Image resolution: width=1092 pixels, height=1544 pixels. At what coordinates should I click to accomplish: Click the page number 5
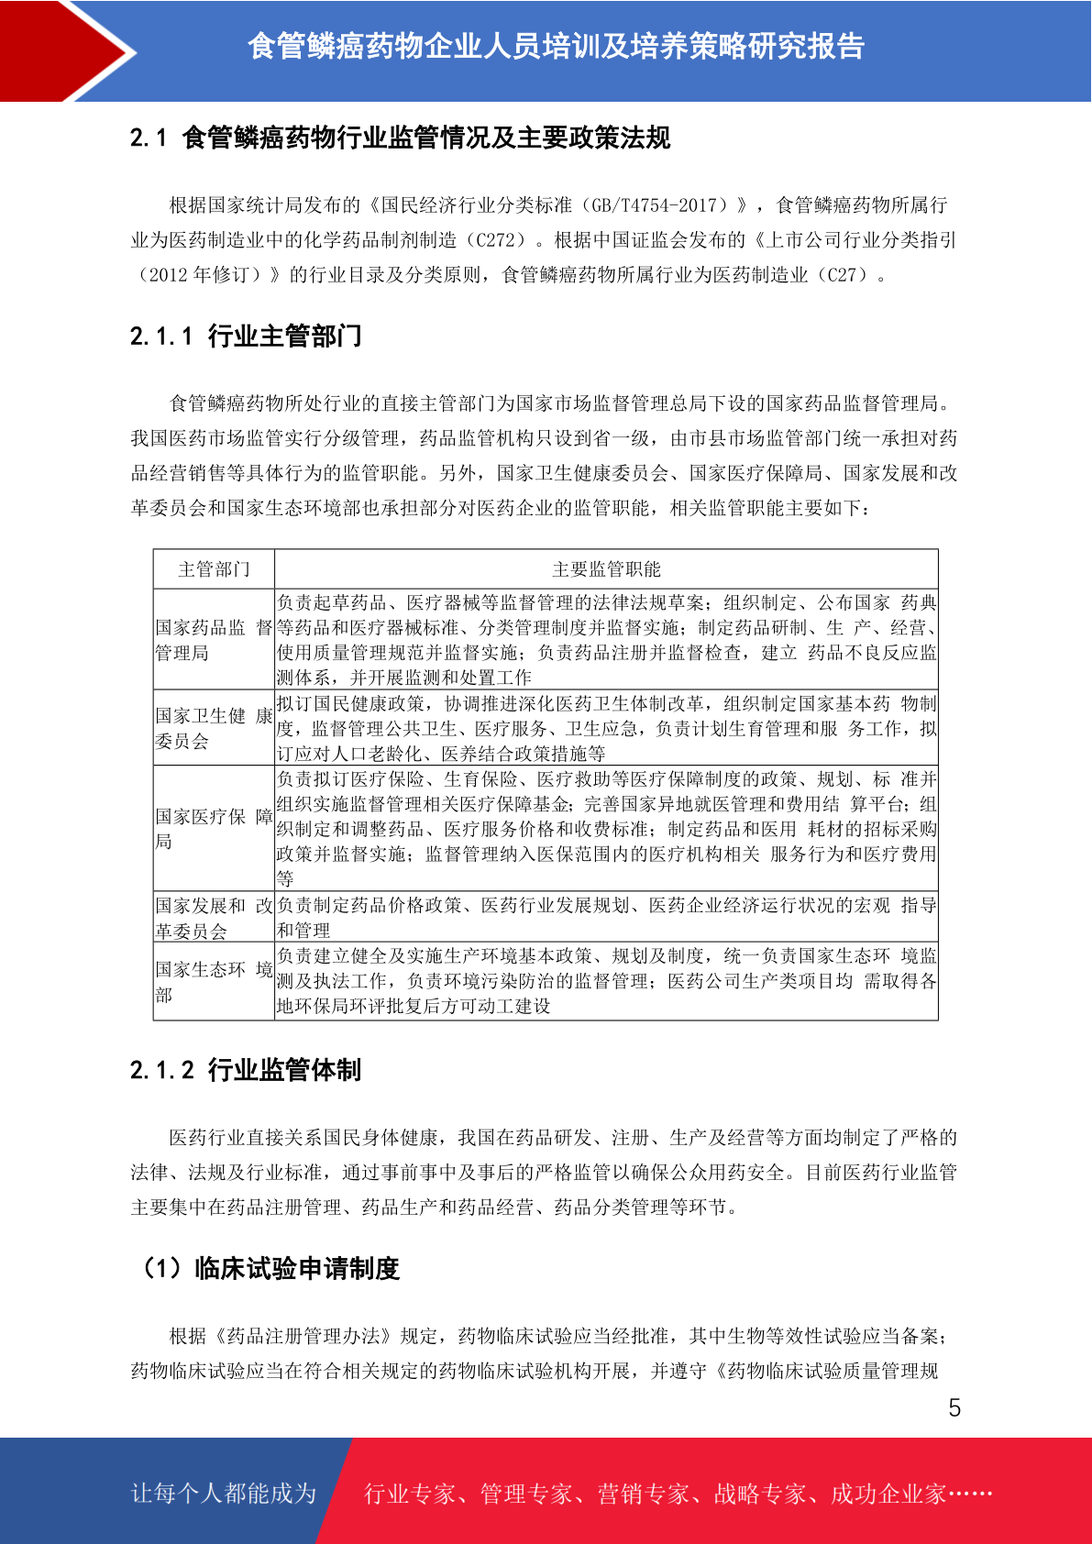pos(954,1408)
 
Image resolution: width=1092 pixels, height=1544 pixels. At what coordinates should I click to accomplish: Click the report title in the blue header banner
pos(556,46)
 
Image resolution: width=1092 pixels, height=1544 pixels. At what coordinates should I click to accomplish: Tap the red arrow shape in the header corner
pos(64,50)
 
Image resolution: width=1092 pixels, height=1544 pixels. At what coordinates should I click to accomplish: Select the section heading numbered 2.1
pos(401,138)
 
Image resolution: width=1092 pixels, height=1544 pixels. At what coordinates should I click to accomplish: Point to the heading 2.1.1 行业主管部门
pos(246,336)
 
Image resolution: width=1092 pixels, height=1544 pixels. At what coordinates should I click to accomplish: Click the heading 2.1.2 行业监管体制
pos(246,1070)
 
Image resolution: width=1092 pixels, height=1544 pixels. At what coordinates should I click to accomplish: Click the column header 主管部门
pos(214,569)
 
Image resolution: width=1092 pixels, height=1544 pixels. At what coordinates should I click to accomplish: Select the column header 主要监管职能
pos(606,569)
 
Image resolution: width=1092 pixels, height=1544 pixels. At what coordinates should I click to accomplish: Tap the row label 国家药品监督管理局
pos(214,640)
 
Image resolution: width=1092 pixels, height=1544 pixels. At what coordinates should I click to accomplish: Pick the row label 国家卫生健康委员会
pos(214,728)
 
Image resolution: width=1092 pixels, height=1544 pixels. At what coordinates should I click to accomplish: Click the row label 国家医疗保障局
pos(214,829)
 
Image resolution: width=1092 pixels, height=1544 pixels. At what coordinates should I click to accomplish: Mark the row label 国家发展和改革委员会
pos(214,919)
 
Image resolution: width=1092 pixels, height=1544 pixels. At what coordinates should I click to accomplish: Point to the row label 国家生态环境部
pos(214,982)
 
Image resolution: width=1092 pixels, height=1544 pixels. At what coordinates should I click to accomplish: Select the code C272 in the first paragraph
pos(496,240)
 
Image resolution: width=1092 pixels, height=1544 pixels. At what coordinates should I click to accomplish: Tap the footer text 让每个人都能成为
pos(224,1494)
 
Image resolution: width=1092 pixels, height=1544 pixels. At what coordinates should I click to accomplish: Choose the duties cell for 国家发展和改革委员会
pos(606,918)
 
